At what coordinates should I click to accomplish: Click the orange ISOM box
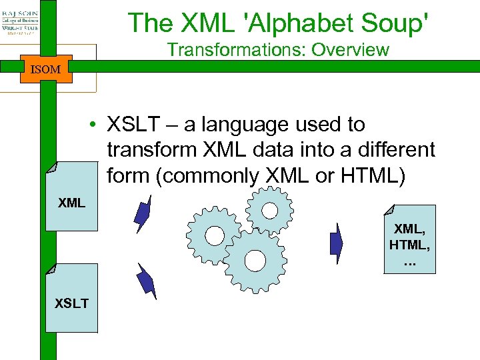(x=45, y=69)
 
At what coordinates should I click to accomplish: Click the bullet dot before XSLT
(x=97, y=125)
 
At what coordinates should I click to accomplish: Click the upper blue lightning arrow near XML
(x=142, y=213)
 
